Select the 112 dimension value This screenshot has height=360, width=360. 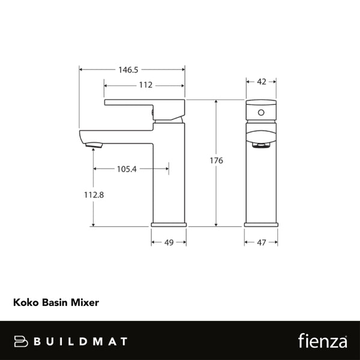[x=145, y=85]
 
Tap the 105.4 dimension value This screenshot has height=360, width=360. [x=127, y=169]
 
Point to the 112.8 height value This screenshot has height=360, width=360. [x=92, y=194]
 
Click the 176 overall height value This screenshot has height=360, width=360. [x=217, y=161]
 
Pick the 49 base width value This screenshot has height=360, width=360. [x=169, y=242]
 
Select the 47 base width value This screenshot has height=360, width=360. [x=260, y=242]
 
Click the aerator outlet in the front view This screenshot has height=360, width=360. [x=260, y=145]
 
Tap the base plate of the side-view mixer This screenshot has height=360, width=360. [x=169, y=224]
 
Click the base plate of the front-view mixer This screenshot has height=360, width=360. [x=260, y=224]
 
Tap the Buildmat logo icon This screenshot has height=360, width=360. [x=22, y=341]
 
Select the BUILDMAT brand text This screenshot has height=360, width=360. [x=80, y=341]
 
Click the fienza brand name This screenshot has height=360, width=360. [x=322, y=341]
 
